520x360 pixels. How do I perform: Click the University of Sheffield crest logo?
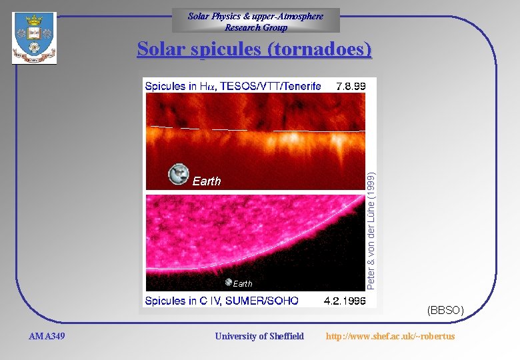(x=34, y=37)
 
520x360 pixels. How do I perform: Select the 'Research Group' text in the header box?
(x=256, y=27)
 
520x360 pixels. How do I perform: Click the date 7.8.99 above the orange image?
(x=351, y=86)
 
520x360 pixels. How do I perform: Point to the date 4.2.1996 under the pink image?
(x=345, y=301)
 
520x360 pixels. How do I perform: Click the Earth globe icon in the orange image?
(x=179, y=175)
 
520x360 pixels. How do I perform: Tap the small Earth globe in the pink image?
(x=229, y=282)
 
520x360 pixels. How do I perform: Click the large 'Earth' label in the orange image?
(x=207, y=181)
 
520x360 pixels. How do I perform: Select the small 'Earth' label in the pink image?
(x=243, y=284)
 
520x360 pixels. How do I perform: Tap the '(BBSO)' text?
(x=445, y=310)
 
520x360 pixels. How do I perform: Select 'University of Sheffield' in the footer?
(x=259, y=336)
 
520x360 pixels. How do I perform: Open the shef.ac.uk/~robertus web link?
(x=390, y=336)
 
